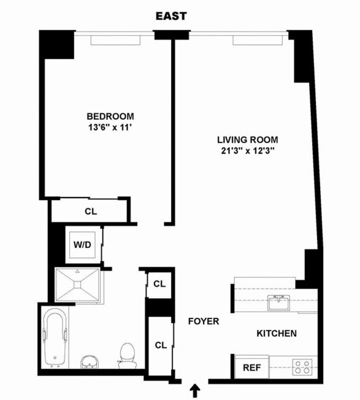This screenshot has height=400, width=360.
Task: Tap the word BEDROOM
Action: tap(110, 117)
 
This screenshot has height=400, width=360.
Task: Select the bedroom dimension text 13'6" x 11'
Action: tap(110, 128)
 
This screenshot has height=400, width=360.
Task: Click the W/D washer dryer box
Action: tap(83, 245)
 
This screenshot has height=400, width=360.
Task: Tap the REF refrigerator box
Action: tap(251, 369)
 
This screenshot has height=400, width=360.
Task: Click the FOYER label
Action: tap(203, 321)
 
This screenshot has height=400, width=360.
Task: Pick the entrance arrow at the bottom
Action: tap(195, 389)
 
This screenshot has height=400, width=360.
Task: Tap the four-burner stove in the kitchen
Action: tap(302, 367)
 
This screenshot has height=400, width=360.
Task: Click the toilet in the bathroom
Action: tap(128, 355)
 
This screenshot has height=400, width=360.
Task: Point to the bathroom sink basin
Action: tap(90, 363)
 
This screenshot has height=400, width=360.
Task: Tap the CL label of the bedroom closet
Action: tap(90, 212)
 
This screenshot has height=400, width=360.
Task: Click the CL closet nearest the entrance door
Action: tap(161, 345)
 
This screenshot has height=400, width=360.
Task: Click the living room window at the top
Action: tap(258, 39)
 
